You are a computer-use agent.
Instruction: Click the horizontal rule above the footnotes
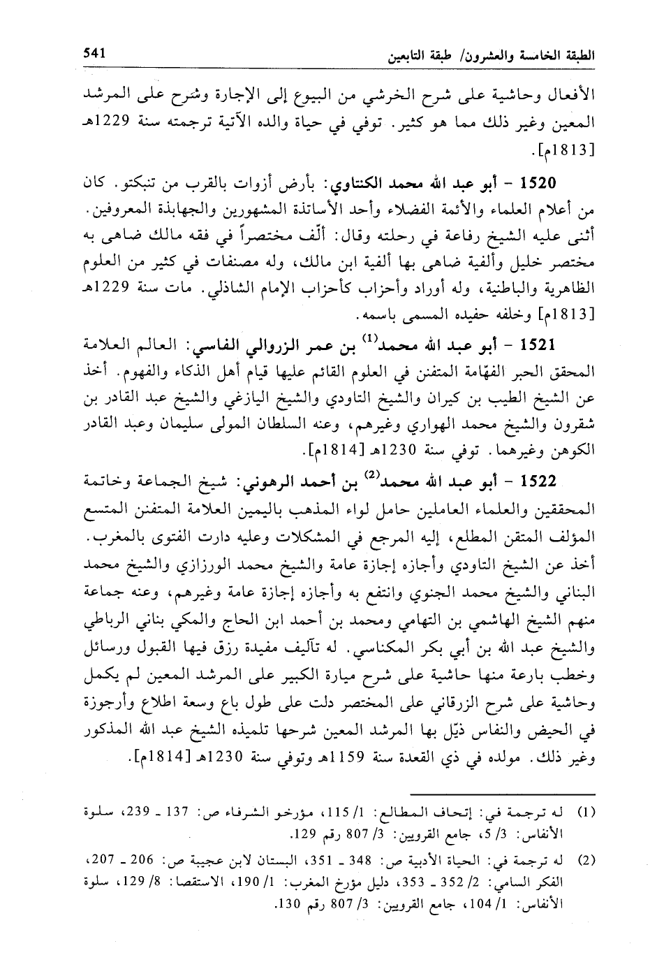502,794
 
